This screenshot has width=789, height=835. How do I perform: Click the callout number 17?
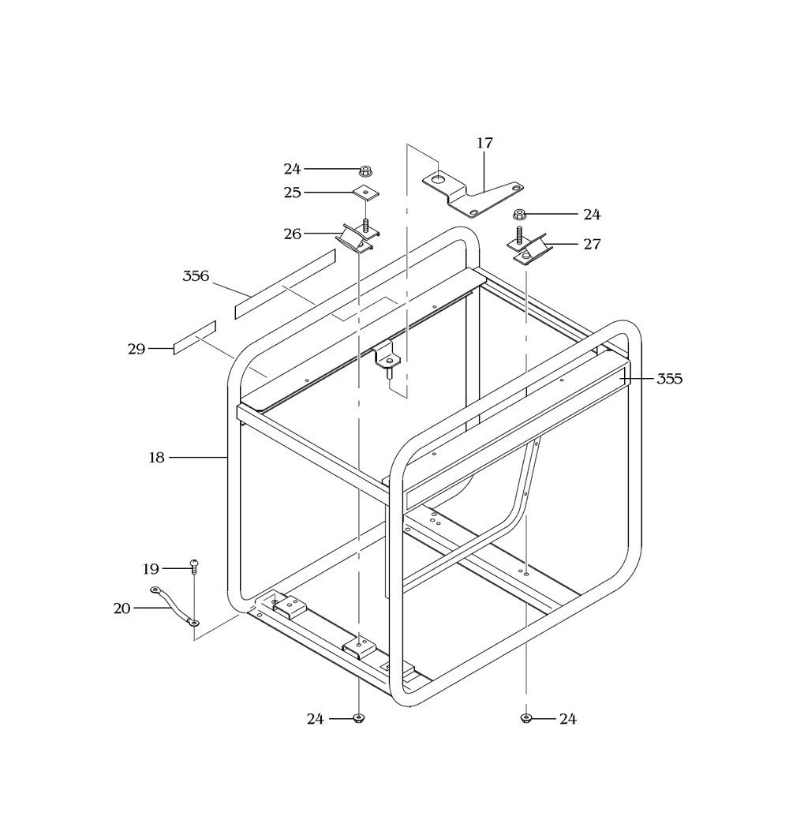[484, 143]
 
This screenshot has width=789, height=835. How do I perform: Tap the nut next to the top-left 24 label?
[365, 171]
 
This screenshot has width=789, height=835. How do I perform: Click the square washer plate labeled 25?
[366, 193]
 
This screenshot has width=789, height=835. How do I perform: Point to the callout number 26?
[292, 234]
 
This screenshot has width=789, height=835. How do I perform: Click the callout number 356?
[196, 276]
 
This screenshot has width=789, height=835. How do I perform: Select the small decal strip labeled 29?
[195, 338]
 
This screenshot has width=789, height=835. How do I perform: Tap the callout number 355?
[669, 379]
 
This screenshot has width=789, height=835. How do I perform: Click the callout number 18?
[156, 458]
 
